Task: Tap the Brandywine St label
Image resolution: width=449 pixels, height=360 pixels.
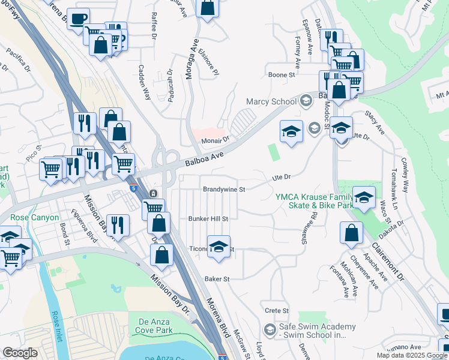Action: pos(225,189)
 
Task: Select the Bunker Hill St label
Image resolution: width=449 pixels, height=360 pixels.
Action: pos(209,219)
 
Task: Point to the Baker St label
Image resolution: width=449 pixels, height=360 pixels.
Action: pos(217,279)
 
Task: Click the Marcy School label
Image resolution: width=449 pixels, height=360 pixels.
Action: pos(271,101)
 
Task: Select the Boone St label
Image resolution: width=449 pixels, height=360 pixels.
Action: pos(282,76)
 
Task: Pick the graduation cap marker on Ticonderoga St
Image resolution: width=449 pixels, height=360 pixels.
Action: pos(219,247)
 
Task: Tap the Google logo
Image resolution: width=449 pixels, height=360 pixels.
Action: pos(20,353)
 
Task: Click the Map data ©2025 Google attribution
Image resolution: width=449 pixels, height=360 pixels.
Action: pos(411,355)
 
